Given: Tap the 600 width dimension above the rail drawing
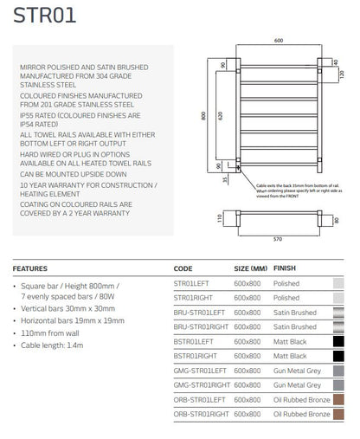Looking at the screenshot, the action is (279, 41).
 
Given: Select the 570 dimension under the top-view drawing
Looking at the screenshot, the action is (279, 238).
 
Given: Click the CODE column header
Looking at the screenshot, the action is (183, 269).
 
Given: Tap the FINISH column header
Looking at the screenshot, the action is (285, 269).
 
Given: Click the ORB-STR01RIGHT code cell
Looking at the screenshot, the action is (202, 415).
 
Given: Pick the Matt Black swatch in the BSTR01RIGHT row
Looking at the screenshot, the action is (338, 356).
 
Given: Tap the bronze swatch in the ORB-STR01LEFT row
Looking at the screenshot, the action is (338, 400).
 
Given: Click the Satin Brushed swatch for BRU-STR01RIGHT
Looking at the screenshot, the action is (338, 326).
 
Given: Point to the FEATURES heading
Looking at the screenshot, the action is (30, 269).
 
